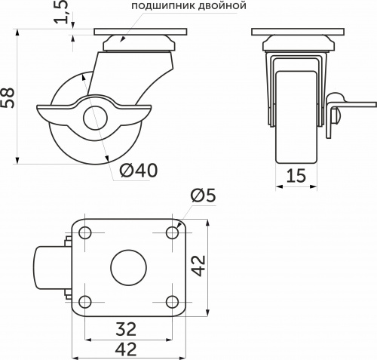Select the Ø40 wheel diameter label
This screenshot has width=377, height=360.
pos(138,171)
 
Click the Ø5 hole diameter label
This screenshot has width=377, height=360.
pos(203,195)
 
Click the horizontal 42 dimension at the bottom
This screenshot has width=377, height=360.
pos(126,349)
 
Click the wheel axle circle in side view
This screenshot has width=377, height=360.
pos(91,117)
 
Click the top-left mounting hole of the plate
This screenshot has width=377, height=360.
pos(84,232)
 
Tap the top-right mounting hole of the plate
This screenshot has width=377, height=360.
pos(170,232)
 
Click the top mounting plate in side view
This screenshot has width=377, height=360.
pos(139,33)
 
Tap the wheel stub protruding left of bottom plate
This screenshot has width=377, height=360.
pos(48,267)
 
